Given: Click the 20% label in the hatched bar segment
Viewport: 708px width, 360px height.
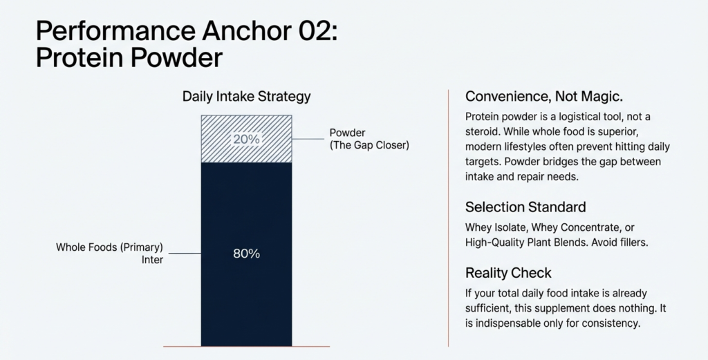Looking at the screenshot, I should tap(246, 139).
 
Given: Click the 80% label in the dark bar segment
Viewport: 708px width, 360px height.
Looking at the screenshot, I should tap(246, 254).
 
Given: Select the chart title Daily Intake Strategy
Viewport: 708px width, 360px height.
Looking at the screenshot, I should tap(246, 97).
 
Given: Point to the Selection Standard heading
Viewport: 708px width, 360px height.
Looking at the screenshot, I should tap(525, 207).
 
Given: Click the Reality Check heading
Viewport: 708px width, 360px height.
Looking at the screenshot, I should tap(508, 272).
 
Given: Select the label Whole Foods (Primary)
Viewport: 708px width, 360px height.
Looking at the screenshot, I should tap(109, 247).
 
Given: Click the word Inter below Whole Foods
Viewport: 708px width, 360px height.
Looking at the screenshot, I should tap(151, 260).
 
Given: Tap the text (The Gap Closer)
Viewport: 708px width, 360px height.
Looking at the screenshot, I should tap(370, 146).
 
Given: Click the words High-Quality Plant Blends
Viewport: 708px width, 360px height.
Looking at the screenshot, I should tap(534, 243).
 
